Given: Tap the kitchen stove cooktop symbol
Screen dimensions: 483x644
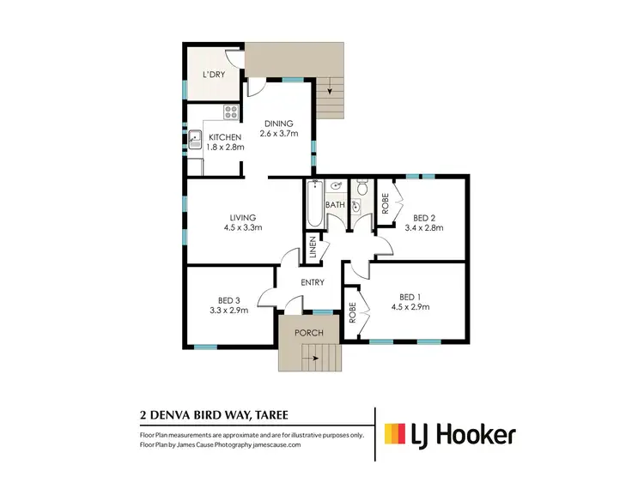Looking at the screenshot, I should [231, 111].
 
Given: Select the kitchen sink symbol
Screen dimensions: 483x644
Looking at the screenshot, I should [196, 137].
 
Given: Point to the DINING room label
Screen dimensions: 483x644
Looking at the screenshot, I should [279, 124].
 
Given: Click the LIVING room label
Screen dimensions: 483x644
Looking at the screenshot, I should [242, 218].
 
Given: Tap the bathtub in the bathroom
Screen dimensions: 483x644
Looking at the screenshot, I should [313, 205].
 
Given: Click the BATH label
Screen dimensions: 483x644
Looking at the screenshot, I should [335, 205].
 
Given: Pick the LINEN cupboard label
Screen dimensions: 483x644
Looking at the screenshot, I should [313, 249].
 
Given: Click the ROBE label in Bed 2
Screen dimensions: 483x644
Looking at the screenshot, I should [386, 205].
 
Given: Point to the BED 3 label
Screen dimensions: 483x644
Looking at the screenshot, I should [233, 300].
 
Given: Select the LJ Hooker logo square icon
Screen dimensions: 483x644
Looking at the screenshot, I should [396, 435].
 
